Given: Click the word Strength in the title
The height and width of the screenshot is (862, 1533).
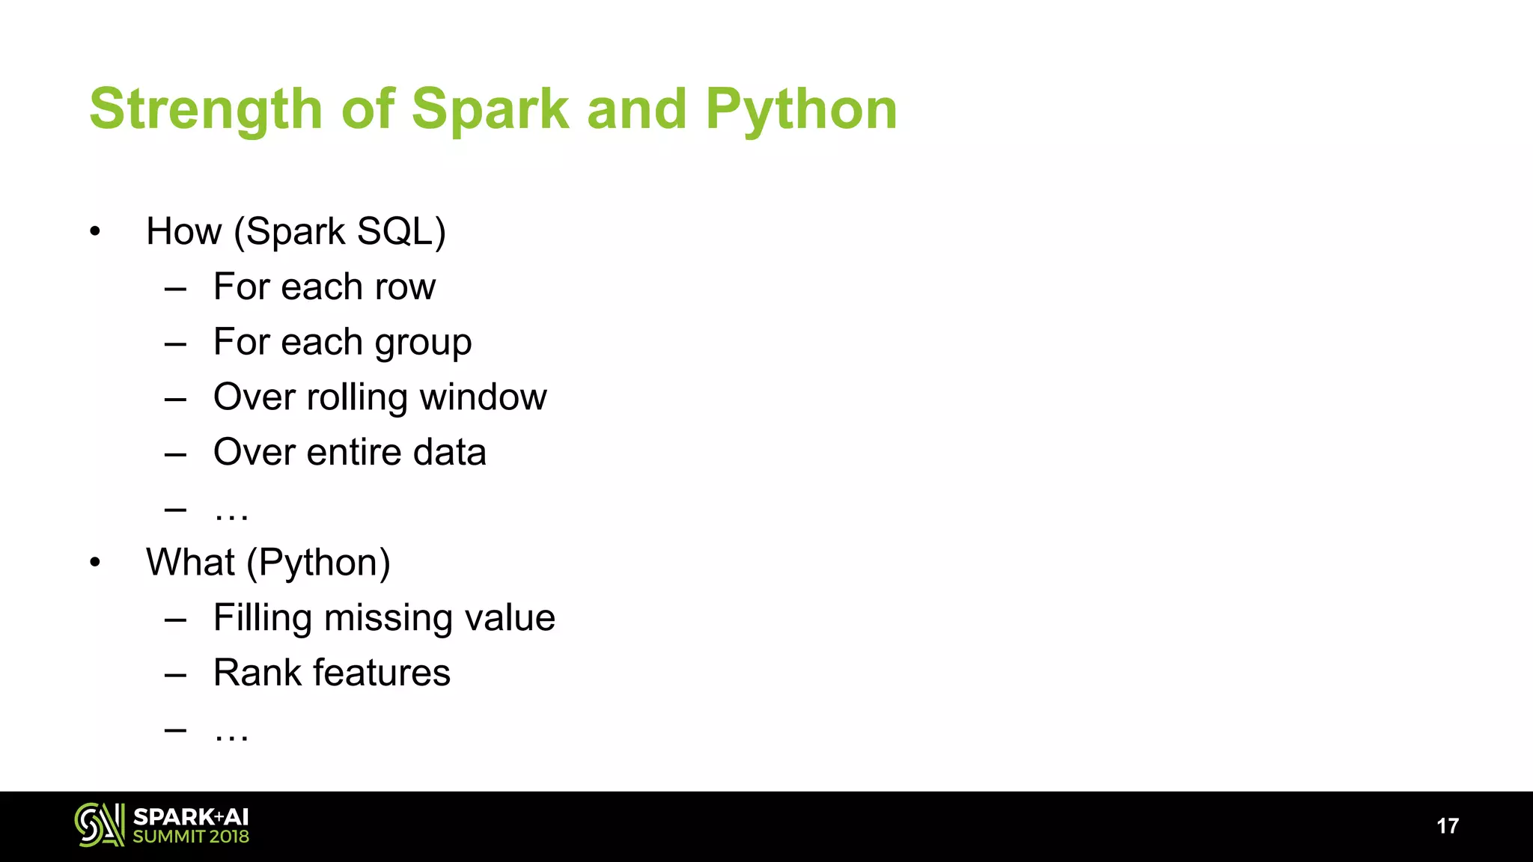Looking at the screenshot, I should click(x=206, y=109).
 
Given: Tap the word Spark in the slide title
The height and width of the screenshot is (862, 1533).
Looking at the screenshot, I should click(x=490, y=109).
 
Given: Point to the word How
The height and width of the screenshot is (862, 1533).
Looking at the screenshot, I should click(x=184, y=231).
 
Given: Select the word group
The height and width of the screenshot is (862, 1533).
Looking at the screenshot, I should click(x=423, y=343).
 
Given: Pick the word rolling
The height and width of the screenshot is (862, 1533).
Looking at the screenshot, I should click(x=357, y=397).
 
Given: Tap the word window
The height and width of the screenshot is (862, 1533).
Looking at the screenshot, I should click(x=484, y=397).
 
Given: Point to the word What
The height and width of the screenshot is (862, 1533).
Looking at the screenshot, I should click(x=190, y=562).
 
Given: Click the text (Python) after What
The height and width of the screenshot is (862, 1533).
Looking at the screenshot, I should click(x=318, y=563).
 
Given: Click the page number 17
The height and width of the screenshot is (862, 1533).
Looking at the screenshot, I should click(x=1448, y=826).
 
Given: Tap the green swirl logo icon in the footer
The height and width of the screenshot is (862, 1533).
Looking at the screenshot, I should click(x=99, y=825).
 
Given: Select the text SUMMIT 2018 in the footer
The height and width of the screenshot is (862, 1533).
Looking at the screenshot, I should click(x=191, y=837).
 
